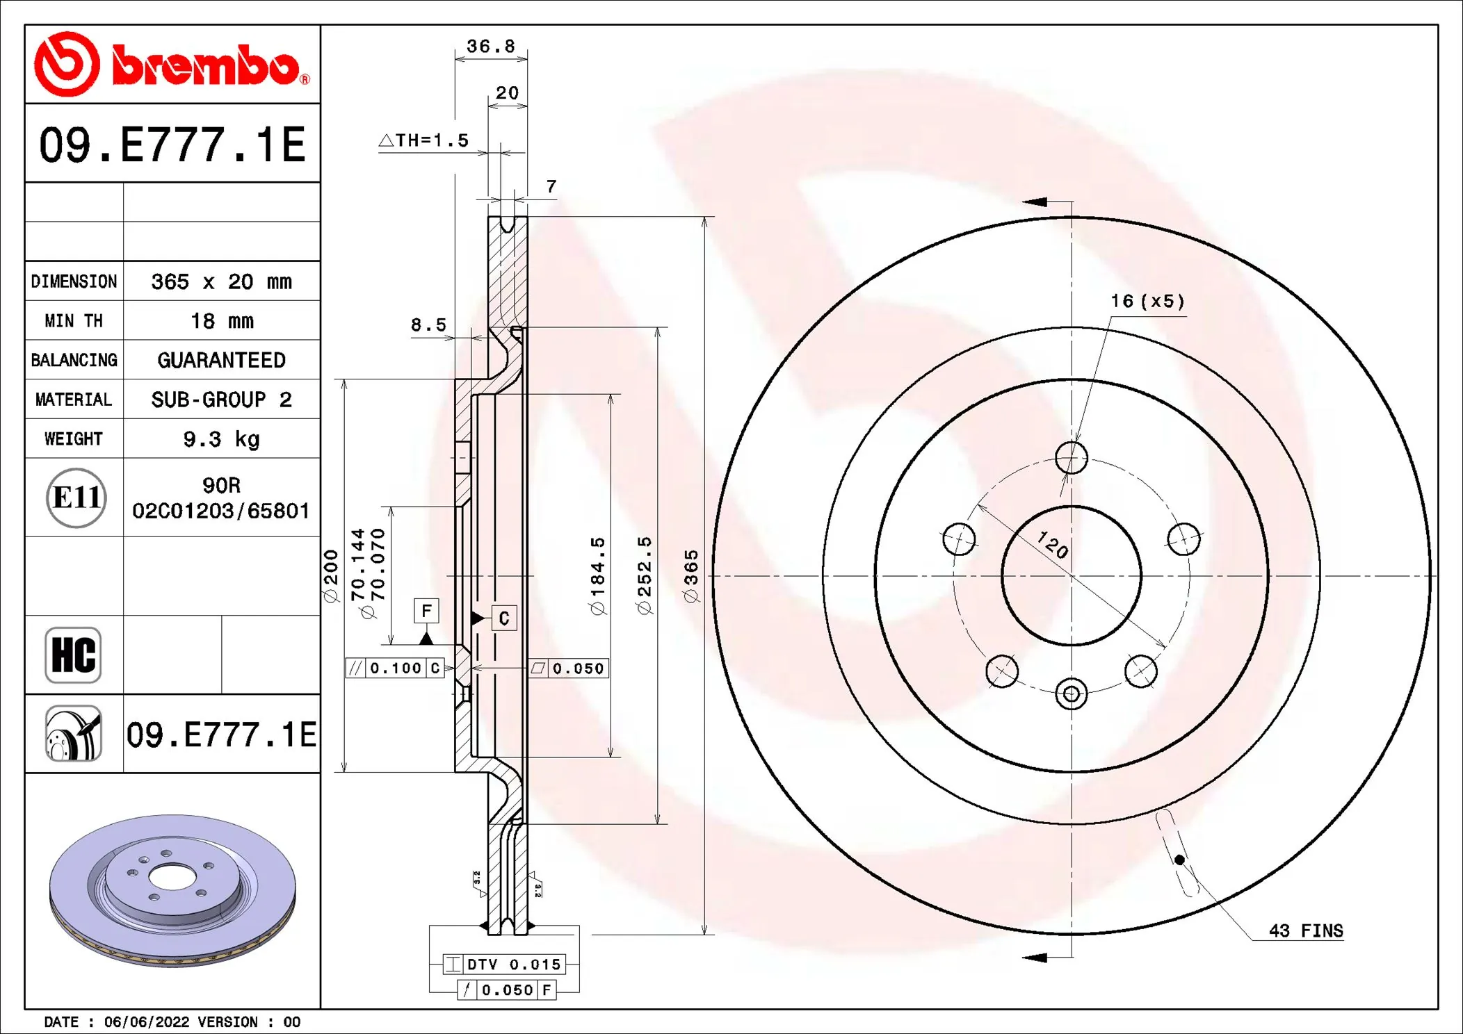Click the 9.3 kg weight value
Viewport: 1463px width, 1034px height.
pyautogui.click(x=221, y=439)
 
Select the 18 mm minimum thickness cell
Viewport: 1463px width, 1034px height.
pyautogui.click(x=221, y=321)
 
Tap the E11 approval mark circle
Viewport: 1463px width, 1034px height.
pyautogui.click(x=76, y=498)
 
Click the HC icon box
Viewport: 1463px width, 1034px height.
pyautogui.click(x=73, y=655)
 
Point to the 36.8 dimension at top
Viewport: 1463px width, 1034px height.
pyautogui.click(x=490, y=47)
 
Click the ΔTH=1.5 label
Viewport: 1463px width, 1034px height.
pyautogui.click(x=424, y=140)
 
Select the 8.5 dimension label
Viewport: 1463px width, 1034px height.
pyautogui.click(x=428, y=325)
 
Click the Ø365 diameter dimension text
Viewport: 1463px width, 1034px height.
pyautogui.click(x=690, y=575)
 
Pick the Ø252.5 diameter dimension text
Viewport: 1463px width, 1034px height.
pyautogui.click(x=645, y=575)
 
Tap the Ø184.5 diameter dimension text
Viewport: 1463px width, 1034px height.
pyautogui.click(x=597, y=575)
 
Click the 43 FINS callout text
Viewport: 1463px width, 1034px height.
pyautogui.click(x=1305, y=930)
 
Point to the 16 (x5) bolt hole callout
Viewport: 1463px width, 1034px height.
pyautogui.click(x=1147, y=301)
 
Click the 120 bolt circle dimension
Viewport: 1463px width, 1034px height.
pyautogui.click(x=1052, y=544)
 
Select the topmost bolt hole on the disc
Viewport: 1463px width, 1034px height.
pyautogui.click(x=1071, y=458)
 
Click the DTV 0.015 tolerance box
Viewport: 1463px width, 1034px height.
pyautogui.click(x=504, y=965)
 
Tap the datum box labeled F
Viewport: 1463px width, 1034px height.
pyautogui.click(x=426, y=611)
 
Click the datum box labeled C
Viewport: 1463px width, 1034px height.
pyautogui.click(x=504, y=618)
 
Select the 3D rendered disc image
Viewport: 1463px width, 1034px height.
pyautogui.click(x=172, y=891)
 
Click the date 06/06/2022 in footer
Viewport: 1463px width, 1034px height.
pyautogui.click(x=146, y=1022)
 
